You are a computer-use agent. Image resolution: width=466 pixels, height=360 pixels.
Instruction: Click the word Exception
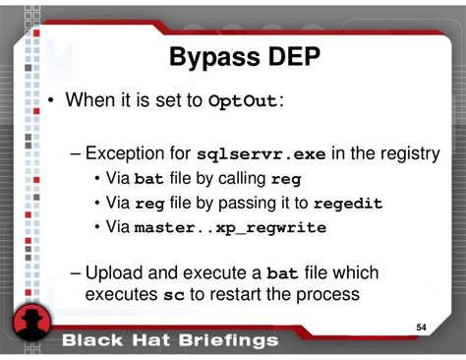(x=139, y=154)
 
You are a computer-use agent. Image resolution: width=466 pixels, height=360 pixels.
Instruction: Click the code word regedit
(x=348, y=204)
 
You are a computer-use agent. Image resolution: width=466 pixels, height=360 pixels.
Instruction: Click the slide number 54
(x=422, y=327)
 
